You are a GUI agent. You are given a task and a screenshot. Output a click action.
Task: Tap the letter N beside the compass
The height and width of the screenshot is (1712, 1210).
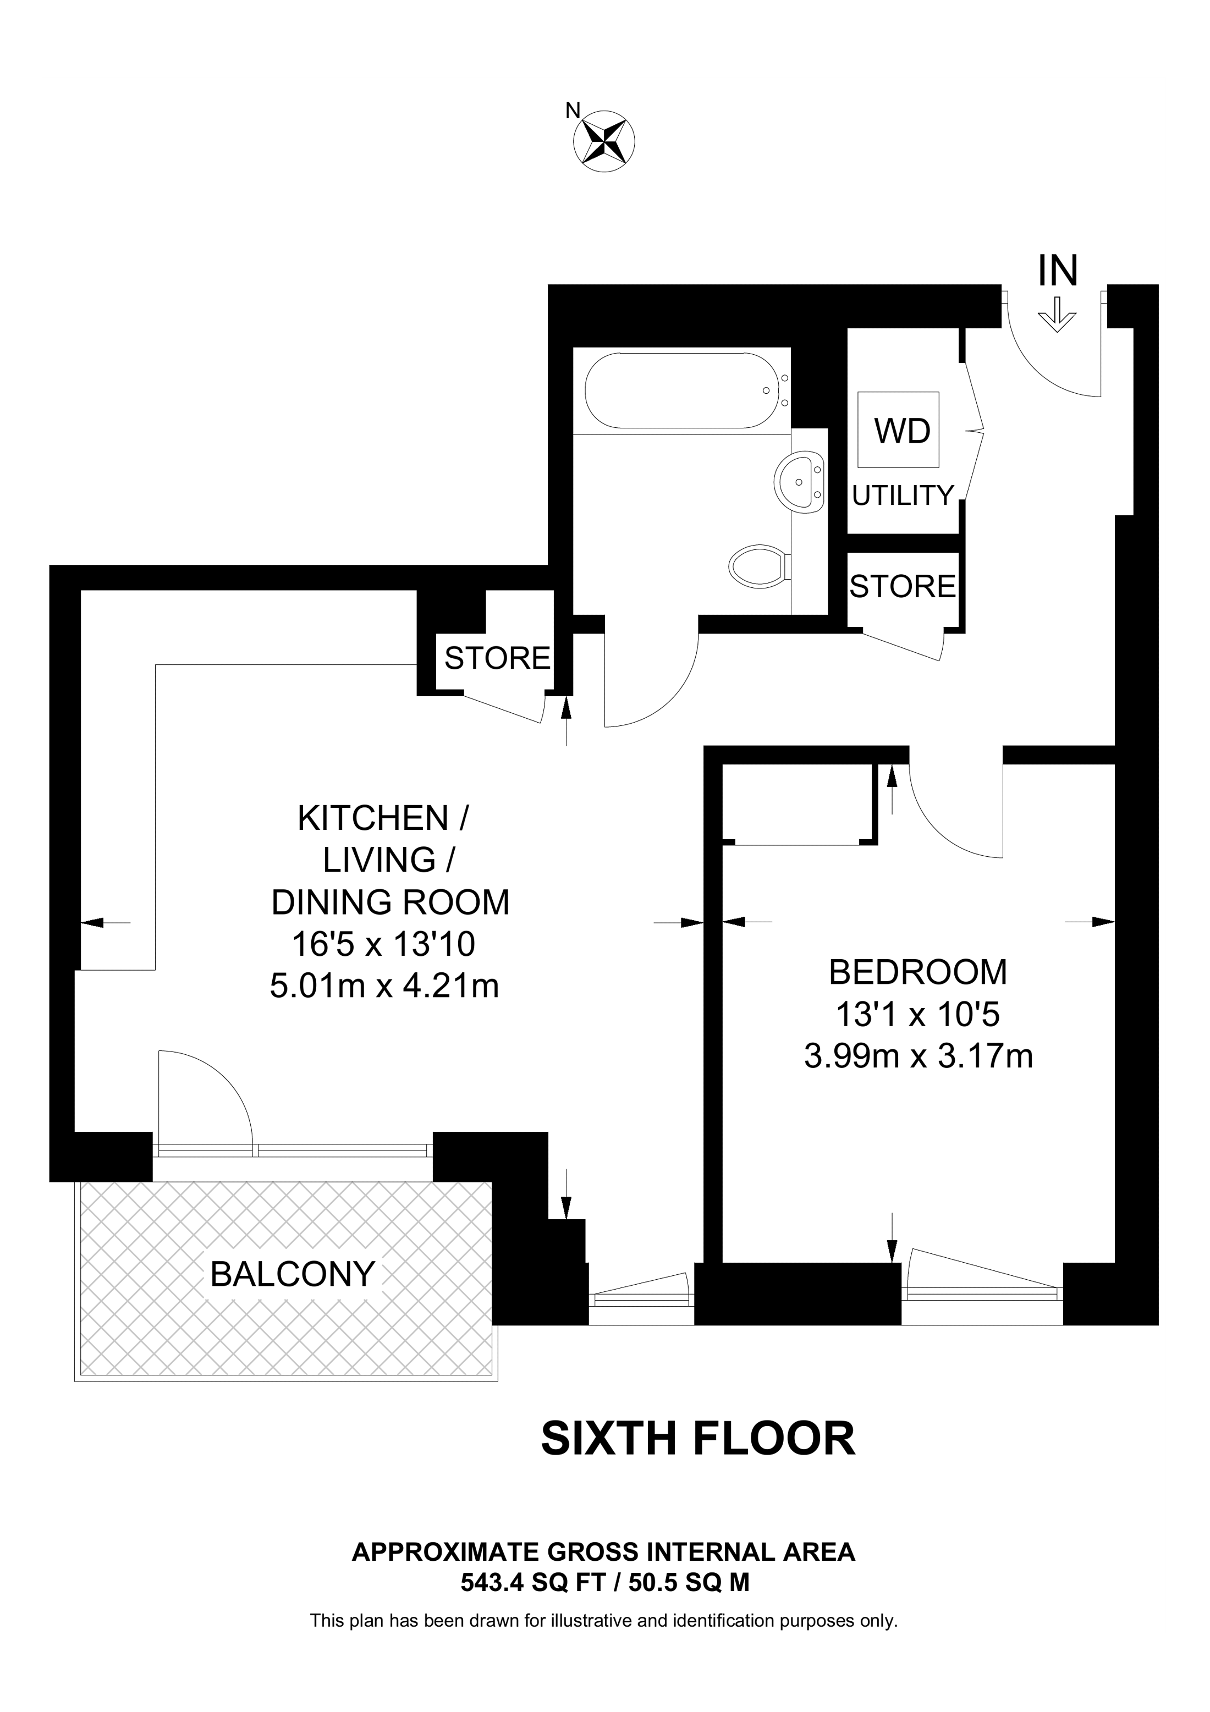click(572, 111)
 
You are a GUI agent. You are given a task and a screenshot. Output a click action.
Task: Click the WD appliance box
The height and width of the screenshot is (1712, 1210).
click(902, 430)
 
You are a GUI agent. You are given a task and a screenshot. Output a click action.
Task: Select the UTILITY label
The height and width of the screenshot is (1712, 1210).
click(903, 495)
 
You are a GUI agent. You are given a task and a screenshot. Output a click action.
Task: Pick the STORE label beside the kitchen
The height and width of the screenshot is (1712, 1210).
click(497, 658)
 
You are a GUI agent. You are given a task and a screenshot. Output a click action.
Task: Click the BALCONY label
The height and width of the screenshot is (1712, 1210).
click(292, 1274)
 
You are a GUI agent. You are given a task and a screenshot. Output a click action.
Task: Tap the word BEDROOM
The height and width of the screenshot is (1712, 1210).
click(918, 972)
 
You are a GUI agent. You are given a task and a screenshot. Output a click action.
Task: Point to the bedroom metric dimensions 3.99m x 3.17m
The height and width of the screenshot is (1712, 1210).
click(918, 1056)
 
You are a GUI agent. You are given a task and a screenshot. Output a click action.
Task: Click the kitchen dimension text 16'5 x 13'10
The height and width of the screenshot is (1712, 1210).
click(383, 945)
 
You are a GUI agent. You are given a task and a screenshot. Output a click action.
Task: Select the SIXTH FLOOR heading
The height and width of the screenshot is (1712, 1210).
click(698, 1439)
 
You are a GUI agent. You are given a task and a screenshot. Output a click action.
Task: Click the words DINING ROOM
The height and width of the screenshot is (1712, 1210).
click(390, 903)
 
